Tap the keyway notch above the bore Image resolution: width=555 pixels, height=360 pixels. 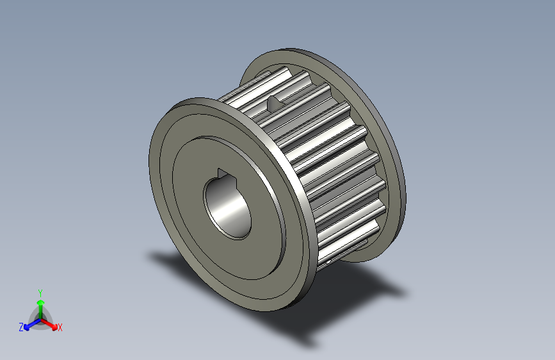[x=223, y=173]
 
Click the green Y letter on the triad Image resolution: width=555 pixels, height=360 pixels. [x=40, y=291]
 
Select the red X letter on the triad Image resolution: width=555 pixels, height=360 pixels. [x=60, y=327]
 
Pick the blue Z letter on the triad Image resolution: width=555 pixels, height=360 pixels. [x=21, y=327]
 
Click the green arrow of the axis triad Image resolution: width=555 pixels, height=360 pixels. [x=40, y=304]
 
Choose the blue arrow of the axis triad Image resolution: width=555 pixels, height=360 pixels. [x=29, y=323]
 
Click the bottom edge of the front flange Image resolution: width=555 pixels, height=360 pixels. [x=269, y=310]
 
